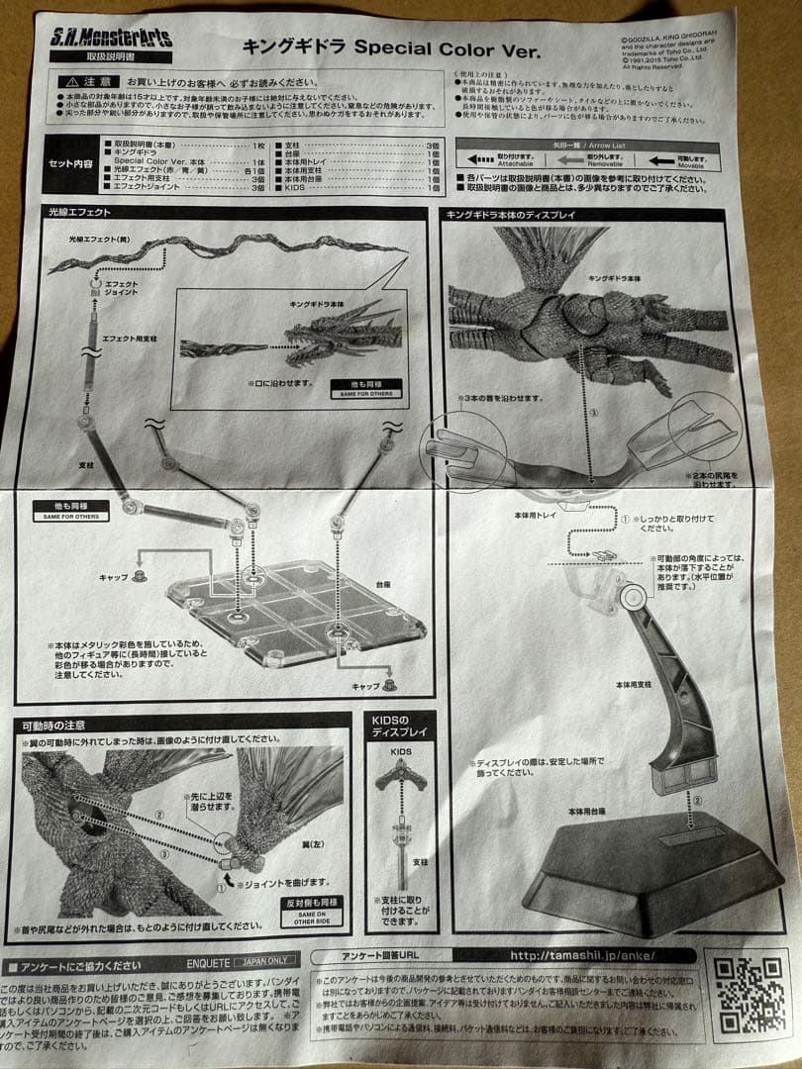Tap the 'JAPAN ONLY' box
[265, 961]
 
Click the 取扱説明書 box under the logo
[110, 57]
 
